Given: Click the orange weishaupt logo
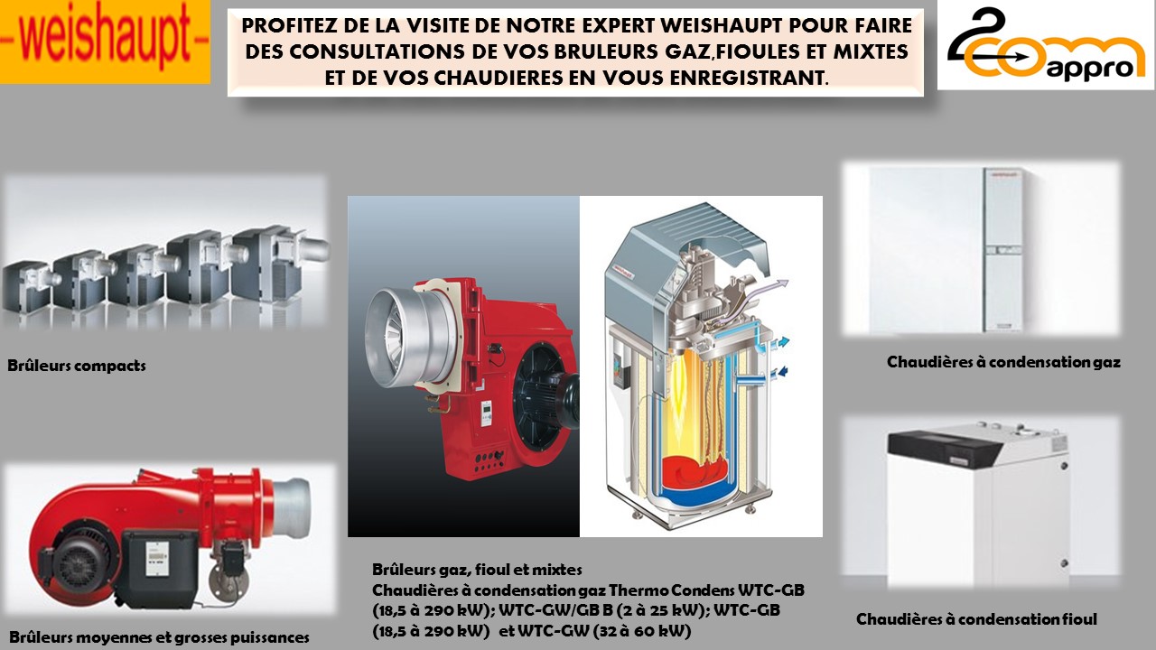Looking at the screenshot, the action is (105, 42).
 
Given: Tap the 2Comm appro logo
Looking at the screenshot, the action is (1046, 45).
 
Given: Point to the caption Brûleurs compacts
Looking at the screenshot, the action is (77, 366).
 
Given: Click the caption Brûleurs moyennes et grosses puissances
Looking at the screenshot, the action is (159, 637).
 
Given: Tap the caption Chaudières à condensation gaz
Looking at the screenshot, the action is (1003, 362).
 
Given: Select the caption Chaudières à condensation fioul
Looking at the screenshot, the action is (976, 619).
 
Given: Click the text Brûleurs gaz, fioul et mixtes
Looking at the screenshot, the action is (477, 570).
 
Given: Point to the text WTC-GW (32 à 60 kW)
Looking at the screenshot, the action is (604, 631).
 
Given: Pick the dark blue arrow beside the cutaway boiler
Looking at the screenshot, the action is (779, 373).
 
